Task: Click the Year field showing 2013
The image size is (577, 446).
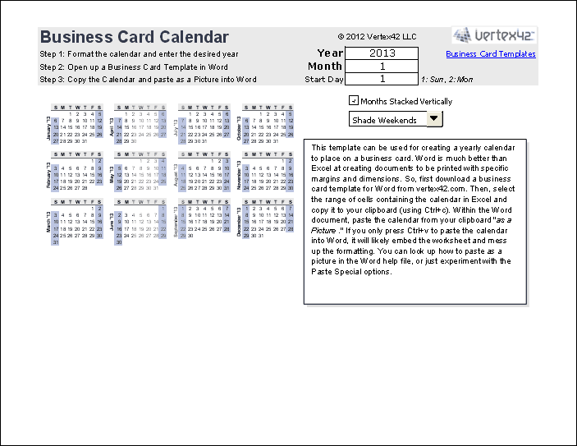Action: [x=382, y=53]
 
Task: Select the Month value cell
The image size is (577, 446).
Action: [x=382, y=67]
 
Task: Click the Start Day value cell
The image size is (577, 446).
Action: [x=382, y=79]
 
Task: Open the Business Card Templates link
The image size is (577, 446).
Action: [x=491, y=54]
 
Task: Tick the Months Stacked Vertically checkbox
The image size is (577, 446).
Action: [x=354, y=101]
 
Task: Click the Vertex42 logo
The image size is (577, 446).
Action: [x=494, y=35]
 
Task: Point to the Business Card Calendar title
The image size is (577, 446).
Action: [x=135, y=37]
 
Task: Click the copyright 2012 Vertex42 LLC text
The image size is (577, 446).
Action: [x=377, y=37]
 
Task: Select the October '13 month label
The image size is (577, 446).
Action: [x=239, y=127]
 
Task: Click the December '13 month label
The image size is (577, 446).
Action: [x=239, y=223]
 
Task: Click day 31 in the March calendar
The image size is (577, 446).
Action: [x=55, y=241]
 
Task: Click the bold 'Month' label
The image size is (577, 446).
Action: [x=325, y=67]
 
